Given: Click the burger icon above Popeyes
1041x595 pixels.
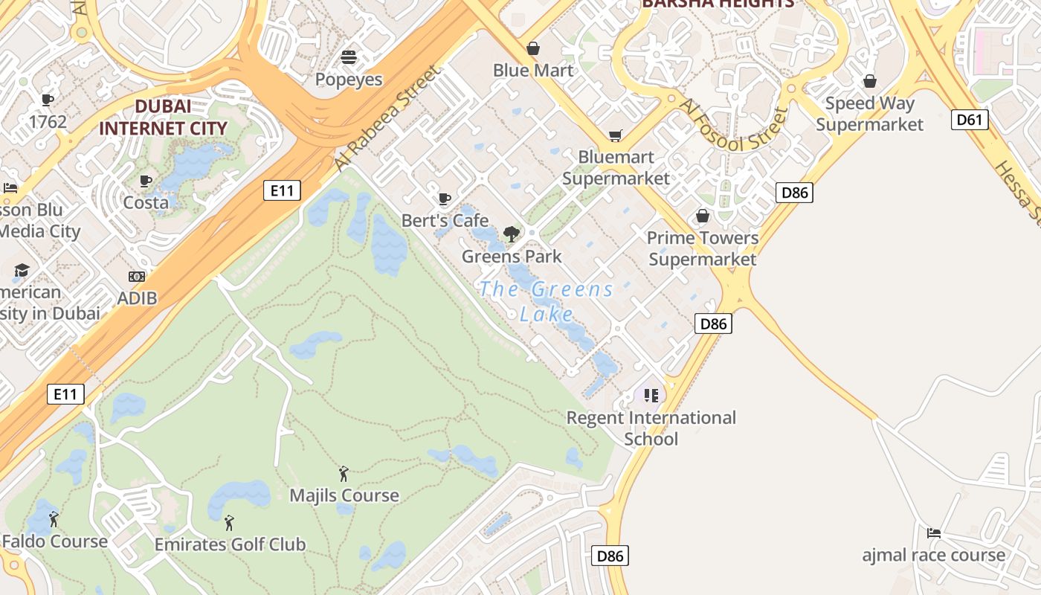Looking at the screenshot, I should point(349,57).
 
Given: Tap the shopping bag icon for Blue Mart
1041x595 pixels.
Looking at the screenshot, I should point(533,49).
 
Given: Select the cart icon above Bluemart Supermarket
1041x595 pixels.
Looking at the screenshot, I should point(615,135).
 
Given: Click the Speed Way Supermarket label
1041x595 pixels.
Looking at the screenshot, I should point(869,113).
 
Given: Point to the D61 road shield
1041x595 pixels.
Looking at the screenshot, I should point(970,119).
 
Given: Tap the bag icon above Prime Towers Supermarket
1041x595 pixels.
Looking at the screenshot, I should point(702,216).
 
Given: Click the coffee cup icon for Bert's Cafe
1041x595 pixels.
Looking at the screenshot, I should point(445,199).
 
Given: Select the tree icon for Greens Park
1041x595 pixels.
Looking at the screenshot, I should point(511,235).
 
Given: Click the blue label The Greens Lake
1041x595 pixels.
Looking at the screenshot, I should point(547,301).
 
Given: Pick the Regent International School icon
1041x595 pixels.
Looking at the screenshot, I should point(651,395).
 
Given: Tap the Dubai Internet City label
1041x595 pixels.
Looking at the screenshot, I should point(163,117).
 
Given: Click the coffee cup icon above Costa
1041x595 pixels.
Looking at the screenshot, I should point(146,181).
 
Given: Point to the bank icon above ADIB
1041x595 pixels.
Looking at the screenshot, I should point(137,277).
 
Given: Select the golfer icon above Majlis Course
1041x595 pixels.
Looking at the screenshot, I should point(344,474).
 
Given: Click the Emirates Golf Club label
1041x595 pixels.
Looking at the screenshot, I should point(230,544).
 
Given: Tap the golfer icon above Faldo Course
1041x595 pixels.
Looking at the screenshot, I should point(54,519).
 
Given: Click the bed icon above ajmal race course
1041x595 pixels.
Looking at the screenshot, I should point(934,533).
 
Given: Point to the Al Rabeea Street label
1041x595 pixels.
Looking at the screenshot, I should point(387,118).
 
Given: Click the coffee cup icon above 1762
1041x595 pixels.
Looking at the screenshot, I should point(48,100).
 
